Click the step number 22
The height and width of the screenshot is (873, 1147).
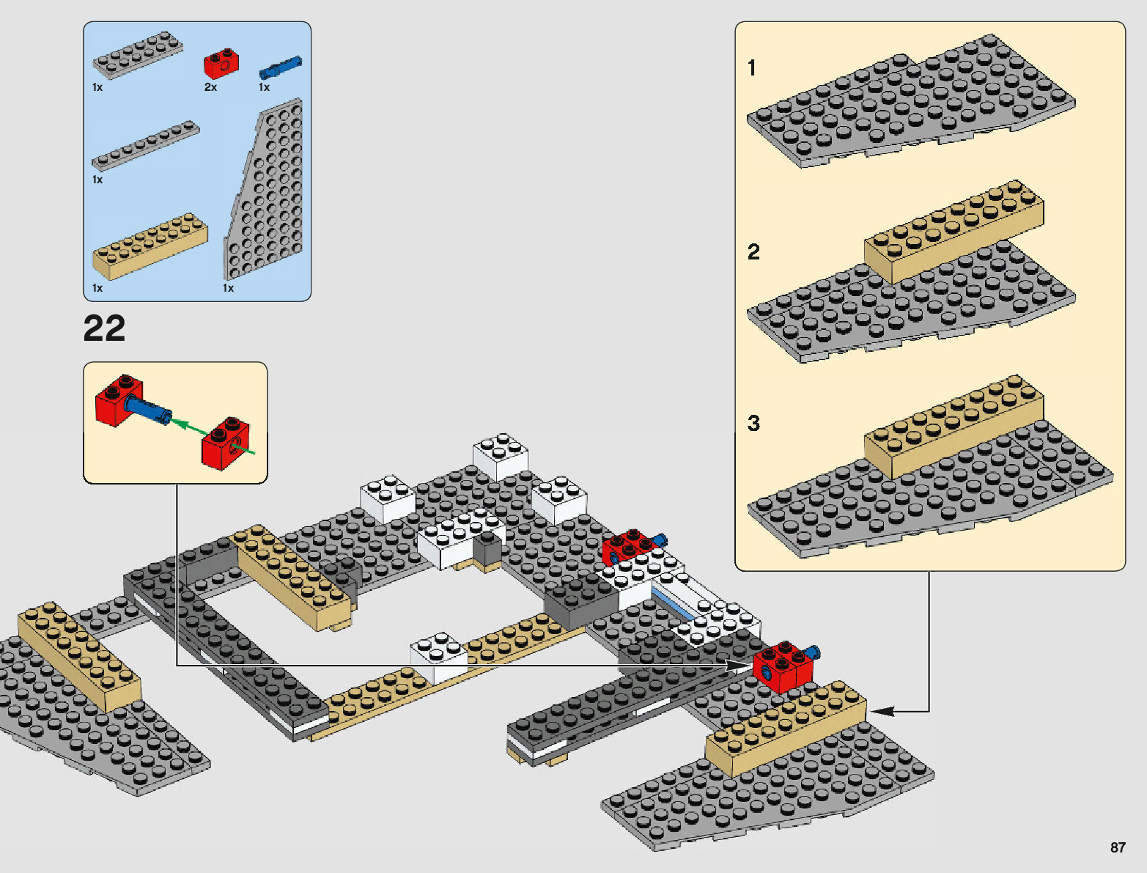pyautogui.click(x=104, y=329)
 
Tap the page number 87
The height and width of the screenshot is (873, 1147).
pyautogui.click(x=1117, y=847)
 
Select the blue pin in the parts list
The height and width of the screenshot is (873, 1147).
pyautogui.click(x=280, y=67)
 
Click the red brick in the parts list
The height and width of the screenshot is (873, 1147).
pyautogui.click(x=221, y=64)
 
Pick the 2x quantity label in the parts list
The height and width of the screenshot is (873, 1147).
pyautogui.click(x=210, y=87)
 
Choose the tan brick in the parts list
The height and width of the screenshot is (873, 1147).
pyautogui.click(x=150, y=246)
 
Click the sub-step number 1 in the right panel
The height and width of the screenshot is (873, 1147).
pyautogui.click(x=752, y=68)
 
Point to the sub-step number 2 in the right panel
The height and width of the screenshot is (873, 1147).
pyautogui.click(x=753, y=252)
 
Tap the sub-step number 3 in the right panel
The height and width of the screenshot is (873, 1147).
pyautogui.click(x=753, y=423)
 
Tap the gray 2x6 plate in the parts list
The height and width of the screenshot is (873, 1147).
pyautogui.click(x=136, y=55)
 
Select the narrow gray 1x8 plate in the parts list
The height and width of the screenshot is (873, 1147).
pyautogui.click(x=145, y=146)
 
